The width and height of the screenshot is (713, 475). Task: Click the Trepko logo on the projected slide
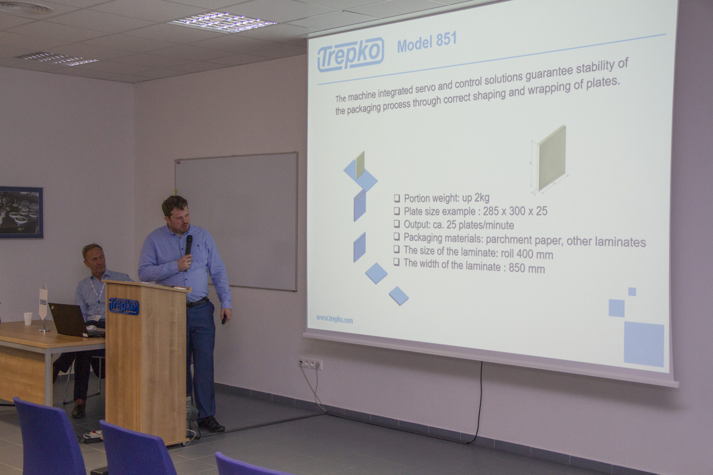350,55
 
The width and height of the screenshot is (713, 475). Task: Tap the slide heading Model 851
427,42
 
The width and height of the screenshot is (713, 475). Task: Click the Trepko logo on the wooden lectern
123,306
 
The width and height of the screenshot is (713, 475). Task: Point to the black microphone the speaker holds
189,245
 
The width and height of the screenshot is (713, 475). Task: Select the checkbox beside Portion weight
397,198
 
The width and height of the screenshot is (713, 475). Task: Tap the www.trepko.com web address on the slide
334,319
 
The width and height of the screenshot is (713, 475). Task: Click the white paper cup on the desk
28,319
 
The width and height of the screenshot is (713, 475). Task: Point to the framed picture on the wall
21,212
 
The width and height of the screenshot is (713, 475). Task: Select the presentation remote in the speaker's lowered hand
224,319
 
